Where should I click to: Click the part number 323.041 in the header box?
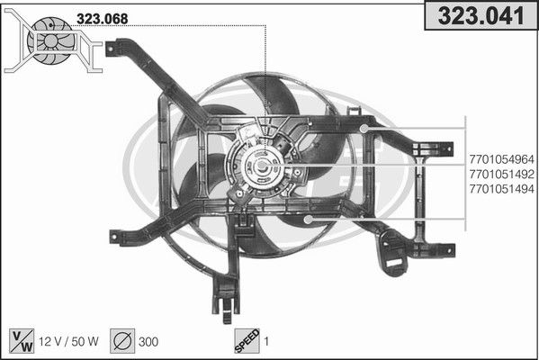point(481,15)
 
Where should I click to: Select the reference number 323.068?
point(102,19)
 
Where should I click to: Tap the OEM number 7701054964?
point(501,159)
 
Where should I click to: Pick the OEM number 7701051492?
point(501,175)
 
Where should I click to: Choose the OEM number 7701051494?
point(501,189)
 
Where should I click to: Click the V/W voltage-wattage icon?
point(22,341)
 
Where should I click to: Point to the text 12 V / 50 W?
point(68,341)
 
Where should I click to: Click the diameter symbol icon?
point(122,341)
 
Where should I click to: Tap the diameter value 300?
point(148,342)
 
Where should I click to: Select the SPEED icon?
point(247,341)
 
